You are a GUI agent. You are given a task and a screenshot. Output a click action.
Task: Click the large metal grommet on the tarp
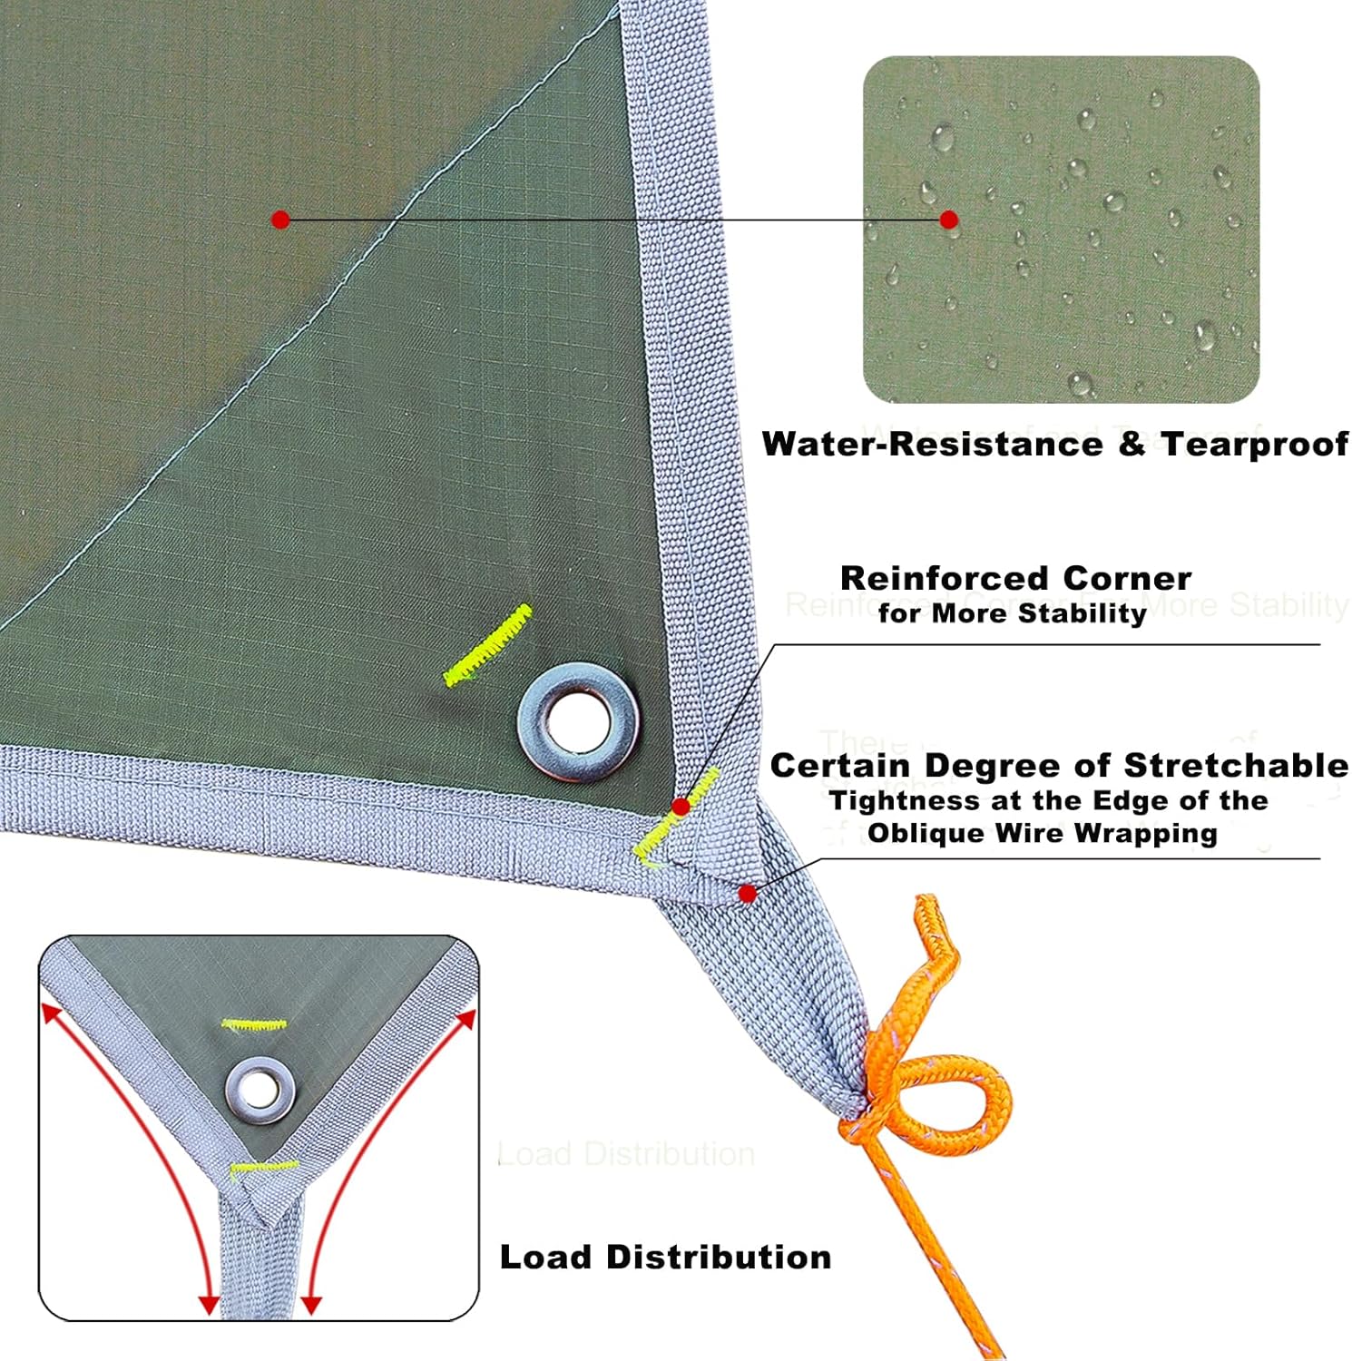coord(578,721)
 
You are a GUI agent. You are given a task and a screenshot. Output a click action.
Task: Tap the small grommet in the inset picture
coord(260,1090)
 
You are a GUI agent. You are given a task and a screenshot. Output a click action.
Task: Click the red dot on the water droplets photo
coord(949,220)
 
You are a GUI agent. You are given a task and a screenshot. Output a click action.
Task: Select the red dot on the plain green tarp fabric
coord(280,220)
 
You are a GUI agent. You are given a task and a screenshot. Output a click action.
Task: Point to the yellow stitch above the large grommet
coord(488,645)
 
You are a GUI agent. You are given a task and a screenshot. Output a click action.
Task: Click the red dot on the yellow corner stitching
coord(681,806)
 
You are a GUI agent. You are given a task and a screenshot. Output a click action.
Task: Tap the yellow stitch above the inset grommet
coord(254,1025)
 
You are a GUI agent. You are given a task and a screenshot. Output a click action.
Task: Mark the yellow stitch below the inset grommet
coord(263,1166)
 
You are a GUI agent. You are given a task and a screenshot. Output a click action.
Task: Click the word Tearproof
coord(1255,445)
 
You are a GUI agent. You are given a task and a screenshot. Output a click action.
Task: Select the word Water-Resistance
coord(932,445)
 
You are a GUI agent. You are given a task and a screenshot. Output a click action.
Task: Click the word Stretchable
coord(1236,766)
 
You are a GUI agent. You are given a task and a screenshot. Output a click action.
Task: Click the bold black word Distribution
coord(718,1258)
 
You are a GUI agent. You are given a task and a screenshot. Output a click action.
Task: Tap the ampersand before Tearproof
coord(1132,445)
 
